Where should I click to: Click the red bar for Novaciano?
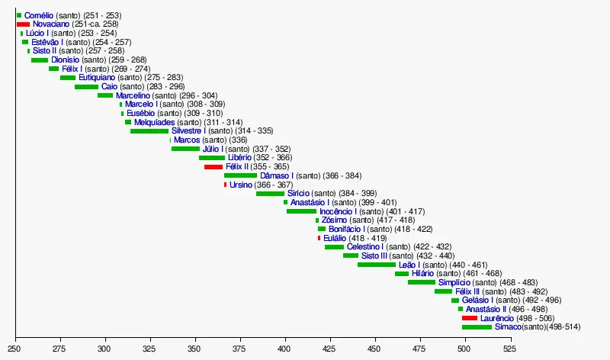pyautogui.click(x=23, y=24)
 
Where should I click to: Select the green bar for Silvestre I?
pyautogui.click(x=149, y=131)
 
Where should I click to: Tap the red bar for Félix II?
pyautogui.click(x=213, y=166)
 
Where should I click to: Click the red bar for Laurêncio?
pyautogui.click(x=470, y=318)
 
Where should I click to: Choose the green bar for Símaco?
pyautogui.click(x=477, y=327)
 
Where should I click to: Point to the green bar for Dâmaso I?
pyautogui.click(x=240, y=175)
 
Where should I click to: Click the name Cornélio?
pyautogui.click(x=38, y=15)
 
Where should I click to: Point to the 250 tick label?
pyautogui.click(x=15, y=349)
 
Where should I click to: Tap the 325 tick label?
pyautogui.click(x=150, y=349)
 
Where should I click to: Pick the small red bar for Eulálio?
pyautogui.click(x=319, y=238)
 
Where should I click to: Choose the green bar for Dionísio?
pyautogui.click(x=39, y=59)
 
